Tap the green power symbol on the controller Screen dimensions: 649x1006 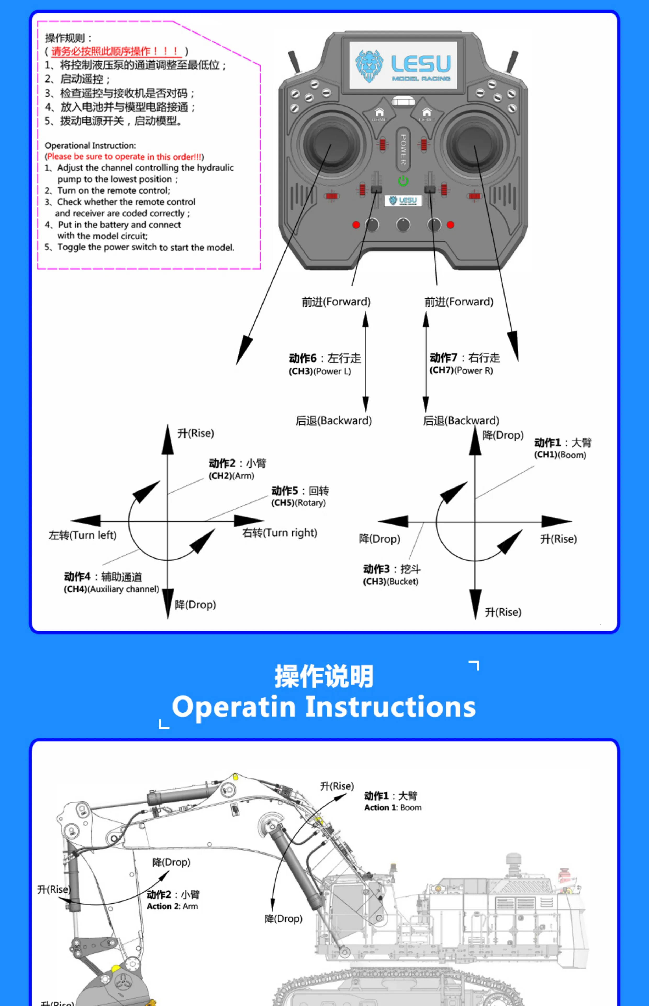point(403,181)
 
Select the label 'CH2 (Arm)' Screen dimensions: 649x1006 point(231,476)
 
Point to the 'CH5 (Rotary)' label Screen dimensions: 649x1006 point(298,503)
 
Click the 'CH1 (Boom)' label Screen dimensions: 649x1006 point(560,455)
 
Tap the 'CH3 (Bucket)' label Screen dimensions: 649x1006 point(391,582)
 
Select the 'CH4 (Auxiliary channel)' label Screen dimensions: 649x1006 point(111,589)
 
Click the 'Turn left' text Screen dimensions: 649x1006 point(83,535)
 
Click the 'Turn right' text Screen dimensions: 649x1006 point(279,533)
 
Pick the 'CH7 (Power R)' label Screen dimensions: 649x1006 point(461,370)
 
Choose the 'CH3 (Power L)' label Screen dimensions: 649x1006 point(320,371)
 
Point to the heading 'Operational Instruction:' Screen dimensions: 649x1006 point(90,145)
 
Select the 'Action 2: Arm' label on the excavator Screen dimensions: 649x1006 point(172,906)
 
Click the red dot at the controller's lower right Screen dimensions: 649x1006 point(451,225)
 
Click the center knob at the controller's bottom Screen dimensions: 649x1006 point(403,225)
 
